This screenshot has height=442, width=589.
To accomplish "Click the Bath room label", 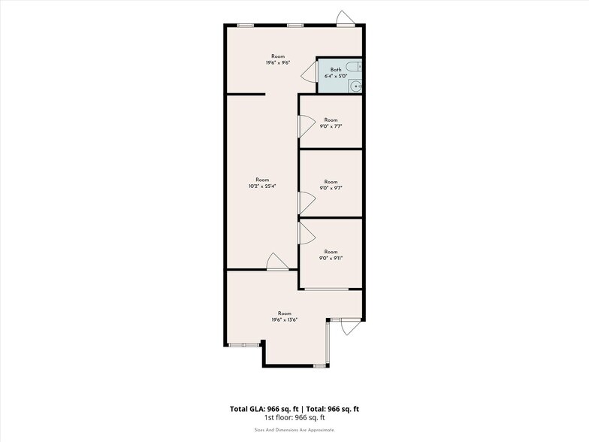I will tap(335, 69).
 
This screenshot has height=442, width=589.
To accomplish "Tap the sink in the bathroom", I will tap(356, 86).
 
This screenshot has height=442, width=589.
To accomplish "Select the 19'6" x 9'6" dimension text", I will tap(278, 63).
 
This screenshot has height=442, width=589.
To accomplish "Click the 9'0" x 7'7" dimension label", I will tap(331, 126).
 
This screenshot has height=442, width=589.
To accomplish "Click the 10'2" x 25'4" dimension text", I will tap(262, 186).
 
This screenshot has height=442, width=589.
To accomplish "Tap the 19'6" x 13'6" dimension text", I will tap(285, 319).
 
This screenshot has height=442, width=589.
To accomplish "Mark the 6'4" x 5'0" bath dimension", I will tap(335, 76).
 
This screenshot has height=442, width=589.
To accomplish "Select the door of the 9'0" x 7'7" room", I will tap(306, 125).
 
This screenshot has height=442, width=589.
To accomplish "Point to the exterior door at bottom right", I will tap(347, 325).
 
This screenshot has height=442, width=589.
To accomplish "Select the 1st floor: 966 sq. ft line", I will tap(294, 417).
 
